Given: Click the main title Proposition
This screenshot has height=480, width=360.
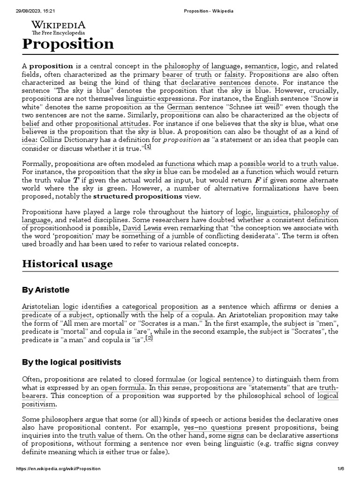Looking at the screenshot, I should (x=68, y=44).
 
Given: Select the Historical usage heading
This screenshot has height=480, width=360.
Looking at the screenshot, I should (x=67, y=263).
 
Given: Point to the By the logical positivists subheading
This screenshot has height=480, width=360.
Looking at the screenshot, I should (x=71, y=362).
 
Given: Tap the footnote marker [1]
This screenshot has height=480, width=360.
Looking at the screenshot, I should (x=148, y=147).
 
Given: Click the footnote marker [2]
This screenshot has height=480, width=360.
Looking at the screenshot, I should (x=149, y=338).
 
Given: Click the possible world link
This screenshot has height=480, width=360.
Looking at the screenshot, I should (x=262, y=164).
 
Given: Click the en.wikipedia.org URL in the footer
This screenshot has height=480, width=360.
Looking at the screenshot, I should (x=58, y=469).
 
